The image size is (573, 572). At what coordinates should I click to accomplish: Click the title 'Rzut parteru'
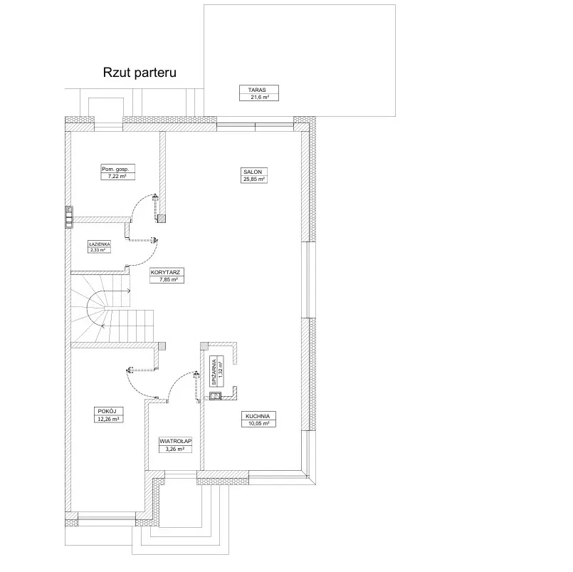(x=140, y=72)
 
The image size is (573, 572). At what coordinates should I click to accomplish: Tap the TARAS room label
(x=258, y=90)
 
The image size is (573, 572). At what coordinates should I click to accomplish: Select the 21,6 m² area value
(x=258, y=98)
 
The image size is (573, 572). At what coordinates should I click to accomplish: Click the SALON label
(x=253, y=172)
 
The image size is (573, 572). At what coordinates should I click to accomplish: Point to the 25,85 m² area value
(x=253, y=180)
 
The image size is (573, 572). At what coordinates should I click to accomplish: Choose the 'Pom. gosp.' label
(x=117, y=169)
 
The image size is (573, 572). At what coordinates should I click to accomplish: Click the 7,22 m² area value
(x=117, y=176)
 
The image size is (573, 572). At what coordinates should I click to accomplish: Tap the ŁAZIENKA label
(x=100, y=244)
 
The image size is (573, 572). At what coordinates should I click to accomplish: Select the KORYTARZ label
(x=168, y=272)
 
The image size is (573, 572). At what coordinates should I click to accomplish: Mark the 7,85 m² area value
(x=168, y=280)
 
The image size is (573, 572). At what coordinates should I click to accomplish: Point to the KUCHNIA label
(x=260, y=415)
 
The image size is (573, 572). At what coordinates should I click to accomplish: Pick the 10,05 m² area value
(x=260, y=423)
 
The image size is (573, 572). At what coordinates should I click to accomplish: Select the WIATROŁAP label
(x=176, y=442)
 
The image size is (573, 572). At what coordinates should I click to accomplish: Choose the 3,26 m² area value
(x=176, y=449)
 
